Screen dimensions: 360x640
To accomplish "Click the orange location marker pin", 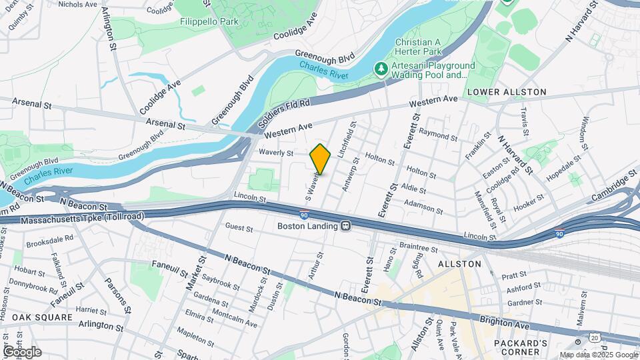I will [320, 159].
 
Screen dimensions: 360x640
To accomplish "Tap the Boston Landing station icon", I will [346, 226].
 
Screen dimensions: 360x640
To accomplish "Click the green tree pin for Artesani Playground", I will [381, 69].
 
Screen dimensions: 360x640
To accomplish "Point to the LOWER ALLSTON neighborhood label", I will [507, 92].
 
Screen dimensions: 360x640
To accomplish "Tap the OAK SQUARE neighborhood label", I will [41, 317].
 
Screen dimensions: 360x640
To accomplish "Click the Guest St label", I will [239, 228].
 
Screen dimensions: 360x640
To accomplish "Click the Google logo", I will [21, 351].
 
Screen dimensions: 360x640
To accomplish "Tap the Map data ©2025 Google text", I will [598, 355].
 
